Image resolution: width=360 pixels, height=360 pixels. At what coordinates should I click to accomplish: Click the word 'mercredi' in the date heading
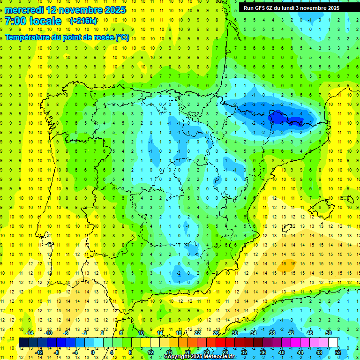[24, 10]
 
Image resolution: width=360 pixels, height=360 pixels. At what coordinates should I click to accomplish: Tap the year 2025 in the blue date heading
[113, 10]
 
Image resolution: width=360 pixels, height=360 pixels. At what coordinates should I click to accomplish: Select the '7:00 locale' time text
[33, 21]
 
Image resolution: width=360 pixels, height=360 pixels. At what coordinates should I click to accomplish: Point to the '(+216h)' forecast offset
[83, 21]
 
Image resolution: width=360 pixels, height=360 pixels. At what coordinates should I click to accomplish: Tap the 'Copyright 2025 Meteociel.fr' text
[199, 357]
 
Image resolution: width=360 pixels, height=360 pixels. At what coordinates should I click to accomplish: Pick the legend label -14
[30, 333]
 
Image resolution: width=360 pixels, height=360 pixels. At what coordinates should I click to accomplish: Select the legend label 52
[338, 352]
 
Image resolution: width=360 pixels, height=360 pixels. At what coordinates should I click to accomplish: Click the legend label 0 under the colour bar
[92, 352]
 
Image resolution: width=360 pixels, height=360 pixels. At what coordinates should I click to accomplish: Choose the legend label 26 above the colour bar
[216, 333]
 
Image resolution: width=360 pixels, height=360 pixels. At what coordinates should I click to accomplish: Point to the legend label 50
[329, 333]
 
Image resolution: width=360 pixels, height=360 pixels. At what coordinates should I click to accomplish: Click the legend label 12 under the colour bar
[150, 352]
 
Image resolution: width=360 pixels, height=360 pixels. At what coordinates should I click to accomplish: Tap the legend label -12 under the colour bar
[39, 352]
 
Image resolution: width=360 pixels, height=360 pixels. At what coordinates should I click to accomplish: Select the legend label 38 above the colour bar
[272, 333]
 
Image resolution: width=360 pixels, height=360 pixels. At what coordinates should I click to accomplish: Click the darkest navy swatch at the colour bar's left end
[23, 343]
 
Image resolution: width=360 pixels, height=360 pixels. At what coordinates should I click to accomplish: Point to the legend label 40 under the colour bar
[282, 352]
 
